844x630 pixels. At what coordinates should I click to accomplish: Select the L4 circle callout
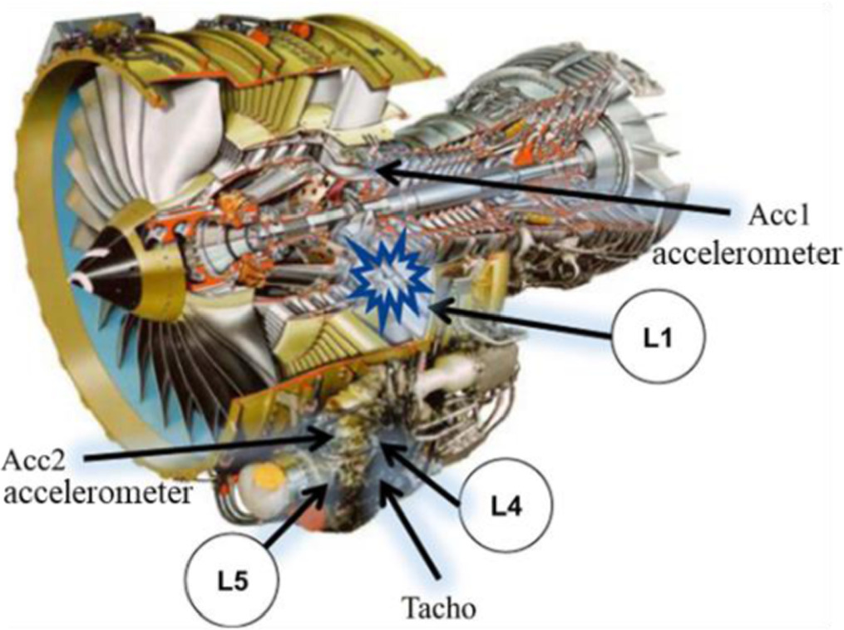tap(506, 504)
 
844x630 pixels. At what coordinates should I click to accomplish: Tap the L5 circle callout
tap(232, 581)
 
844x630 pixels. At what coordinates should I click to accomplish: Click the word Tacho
tap(439, 608)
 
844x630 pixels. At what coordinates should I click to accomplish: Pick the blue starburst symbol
tap(389, 283)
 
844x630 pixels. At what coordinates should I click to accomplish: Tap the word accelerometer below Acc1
tap(747, 253)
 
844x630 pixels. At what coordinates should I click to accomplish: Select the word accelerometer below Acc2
tap(97, 492)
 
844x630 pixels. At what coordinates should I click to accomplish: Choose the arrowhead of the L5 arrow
tap(321, 492)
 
